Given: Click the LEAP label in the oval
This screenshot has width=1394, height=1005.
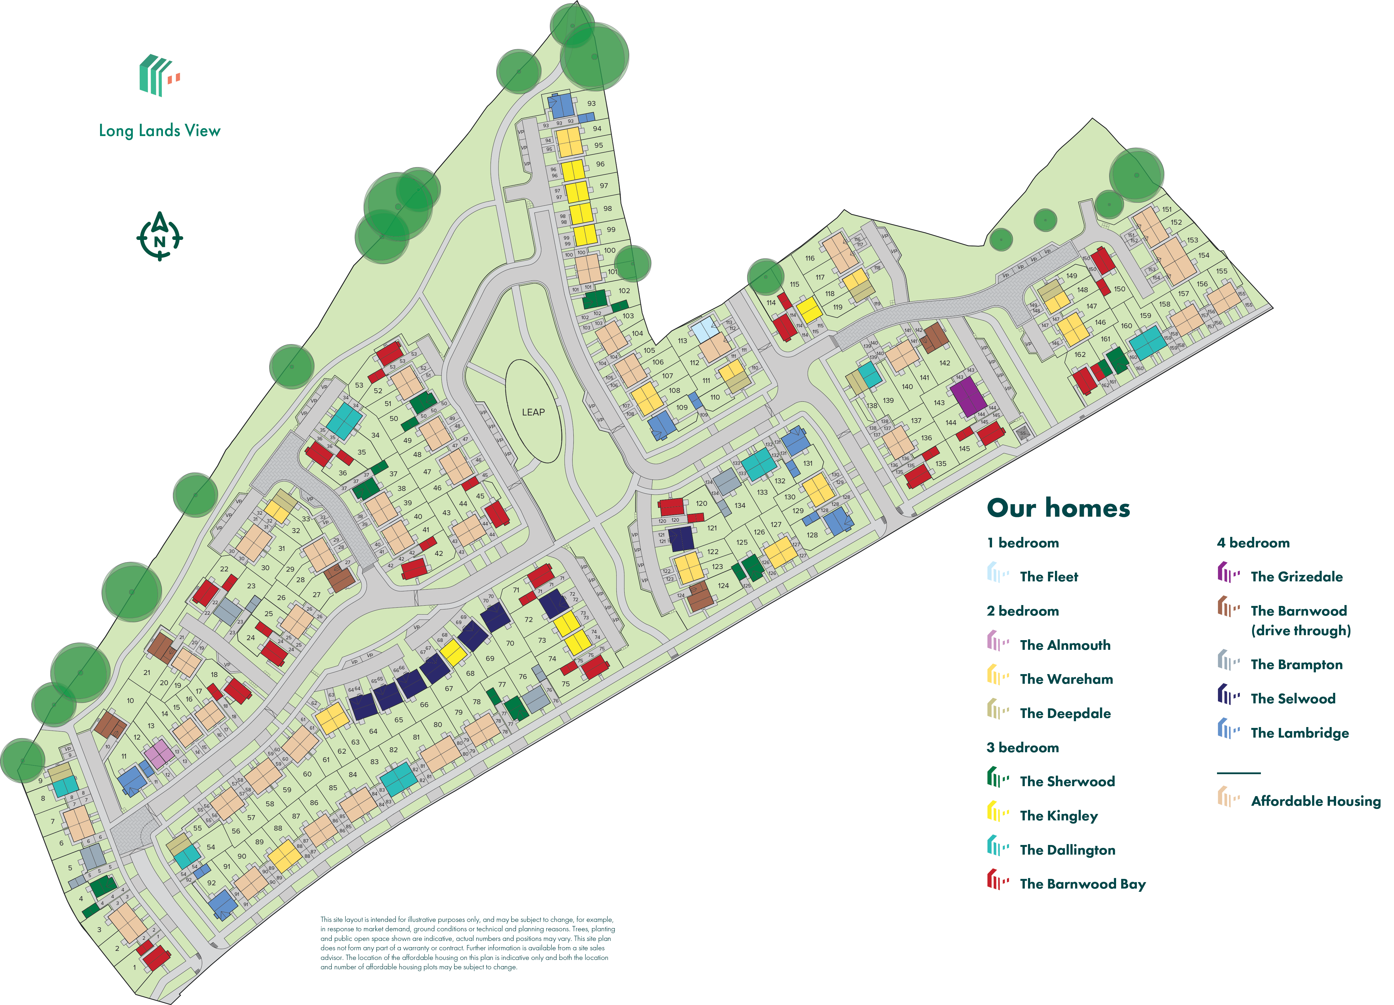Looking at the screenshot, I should (533, 412).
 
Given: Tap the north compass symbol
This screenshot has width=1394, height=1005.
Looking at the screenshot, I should (159, 237).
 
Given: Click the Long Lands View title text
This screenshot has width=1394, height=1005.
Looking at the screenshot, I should (159, 130).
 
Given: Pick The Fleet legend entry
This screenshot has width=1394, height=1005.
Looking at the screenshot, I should (1048, 577).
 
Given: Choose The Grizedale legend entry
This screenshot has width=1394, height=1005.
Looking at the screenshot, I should (1296, 577).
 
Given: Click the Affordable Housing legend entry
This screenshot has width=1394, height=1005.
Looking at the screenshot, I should (1315, 801).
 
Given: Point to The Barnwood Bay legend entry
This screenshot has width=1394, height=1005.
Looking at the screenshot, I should (1082, 884).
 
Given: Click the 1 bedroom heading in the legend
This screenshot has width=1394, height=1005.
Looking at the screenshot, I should (1023, 543).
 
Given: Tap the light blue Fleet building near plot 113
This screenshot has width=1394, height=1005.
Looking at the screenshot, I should (704, 329).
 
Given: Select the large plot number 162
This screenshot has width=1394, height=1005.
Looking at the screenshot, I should (1080, 355).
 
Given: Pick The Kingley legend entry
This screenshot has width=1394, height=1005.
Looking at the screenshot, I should (1058, 816).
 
